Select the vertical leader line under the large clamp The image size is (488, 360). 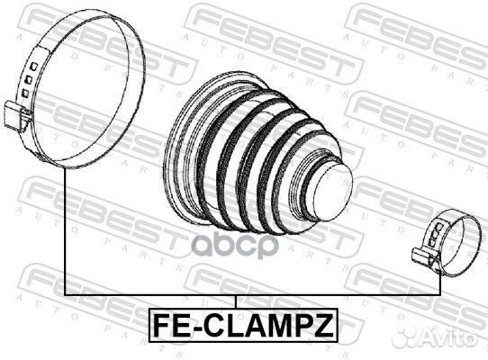pyautogui.click(x=66, y=234)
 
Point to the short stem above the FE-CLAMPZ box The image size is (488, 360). pyautogui.click(x=236, y=302)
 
